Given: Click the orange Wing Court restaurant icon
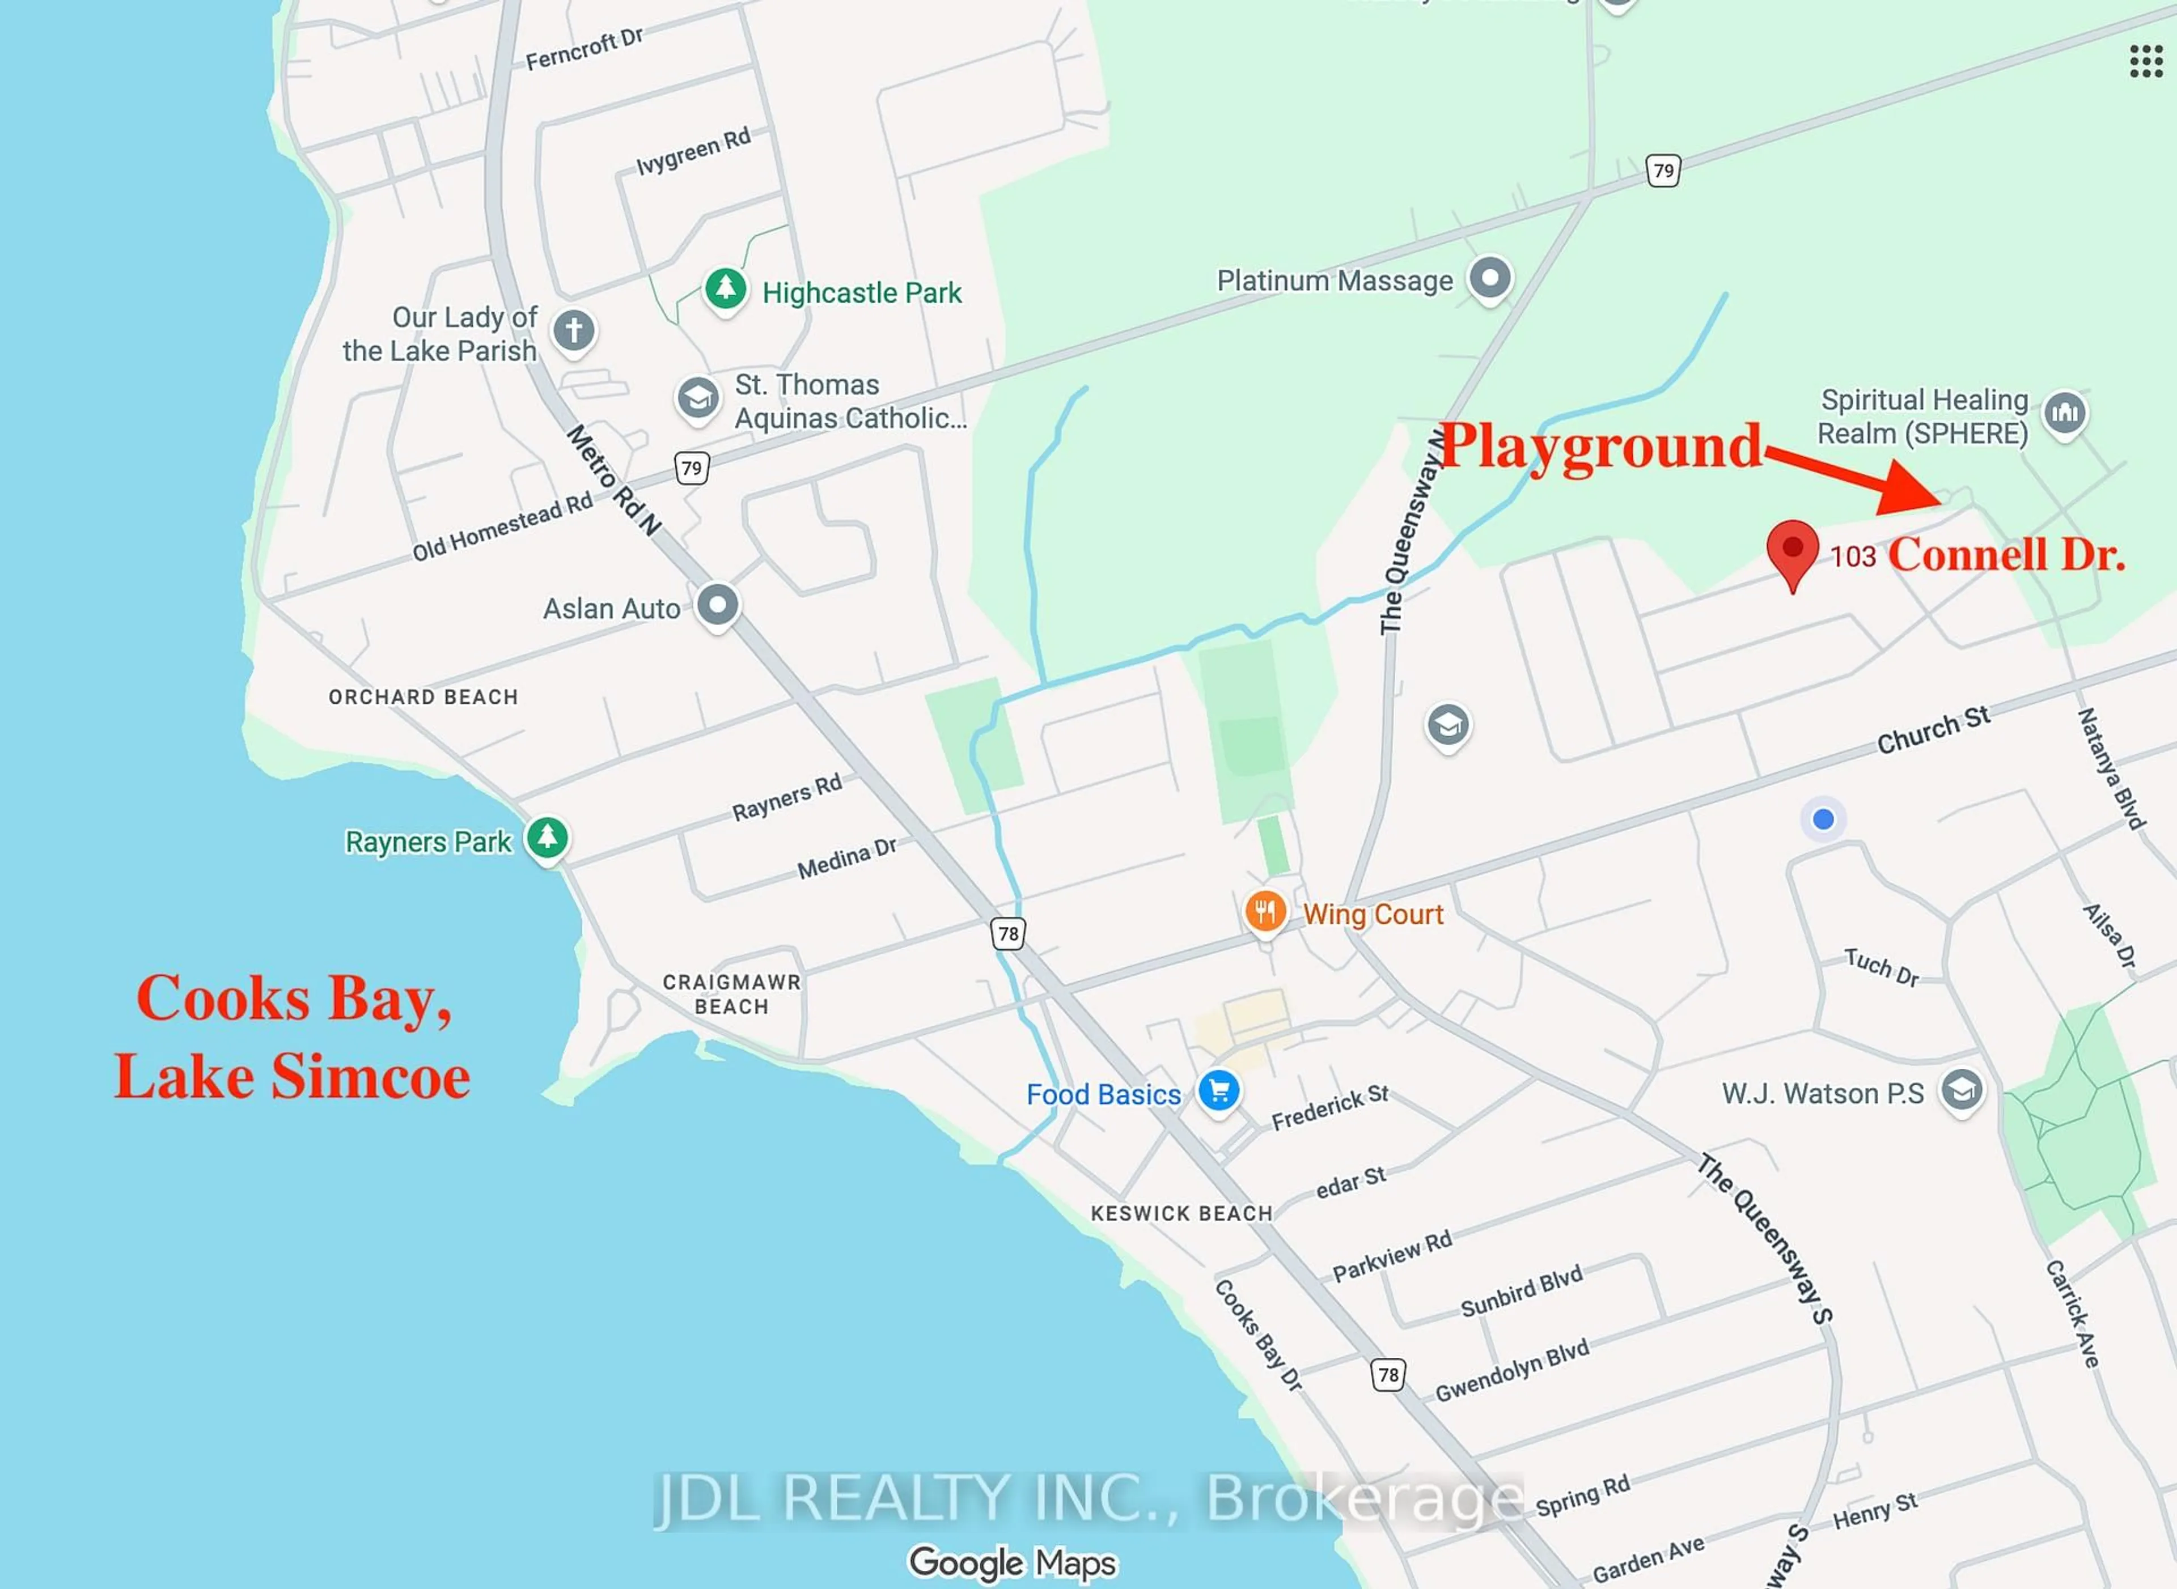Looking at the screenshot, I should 1265,910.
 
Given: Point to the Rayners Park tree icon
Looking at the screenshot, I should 548,838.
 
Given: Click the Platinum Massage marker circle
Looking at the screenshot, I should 1490,279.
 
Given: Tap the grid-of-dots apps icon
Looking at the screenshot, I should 2145,62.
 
